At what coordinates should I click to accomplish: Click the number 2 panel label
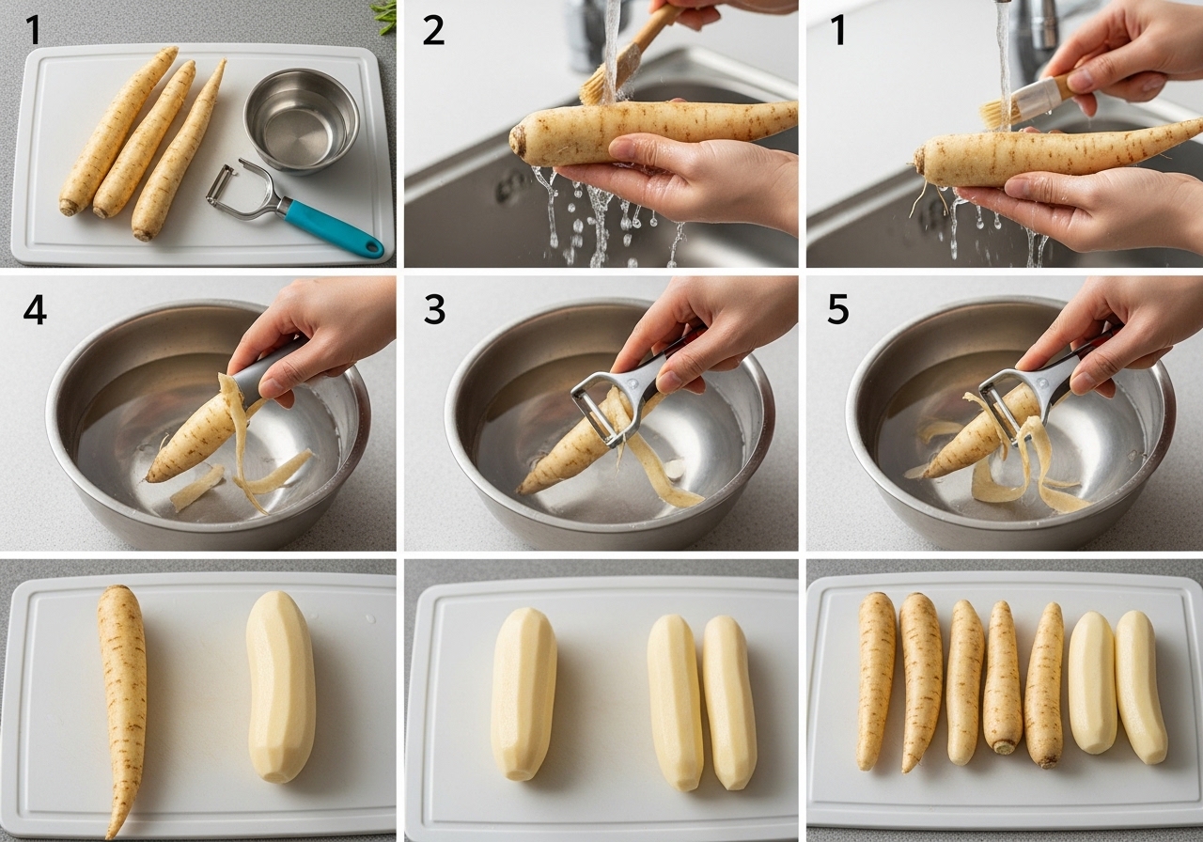pyautogui.click(x=433, y=30)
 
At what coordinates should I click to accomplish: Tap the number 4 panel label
pyautogui.click(x=35, y=310)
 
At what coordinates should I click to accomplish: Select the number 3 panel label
pyautogui.click(x=434, y=310)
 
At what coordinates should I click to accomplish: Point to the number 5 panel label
pyautogui.click(x=838, y=310)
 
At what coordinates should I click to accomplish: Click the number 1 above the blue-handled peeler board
pyautogui.click(x=33, y=30)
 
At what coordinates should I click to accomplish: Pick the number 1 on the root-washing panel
pyautogui.click(x=838, y=30)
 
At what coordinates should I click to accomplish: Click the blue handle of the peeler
pyautogui.click(x=333, y=227)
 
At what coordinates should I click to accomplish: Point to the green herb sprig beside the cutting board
pyautogui.click(x=385, y=16)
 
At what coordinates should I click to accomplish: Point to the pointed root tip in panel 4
pyautogui.click(x=149, y=478)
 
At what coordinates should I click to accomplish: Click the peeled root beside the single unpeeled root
pyautogui.click(x=281, y=686)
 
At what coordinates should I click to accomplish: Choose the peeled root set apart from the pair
pyautogui.click(x=523, y=694)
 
